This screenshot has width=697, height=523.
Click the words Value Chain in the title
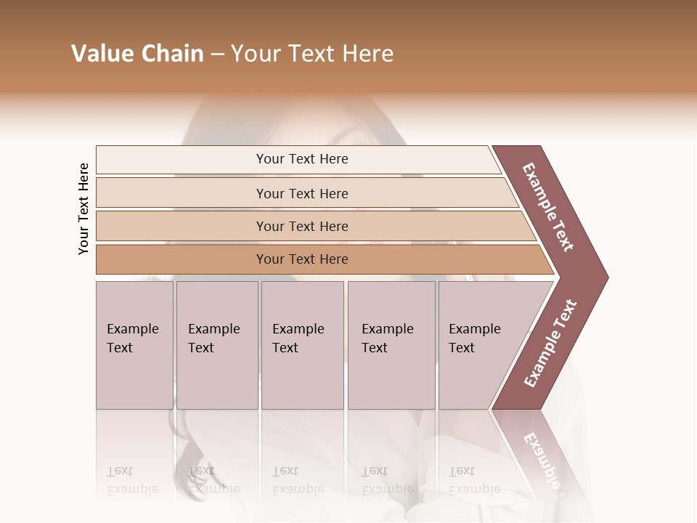tap(137, 54)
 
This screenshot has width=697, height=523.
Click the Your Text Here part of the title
tap(312, 54)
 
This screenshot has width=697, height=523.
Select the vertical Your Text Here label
tap(83, 209)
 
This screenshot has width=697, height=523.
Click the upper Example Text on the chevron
tap(548, 207)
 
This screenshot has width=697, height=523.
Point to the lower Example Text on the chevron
tap(550, 344)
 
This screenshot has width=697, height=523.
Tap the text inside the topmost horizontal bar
tap(302, 159)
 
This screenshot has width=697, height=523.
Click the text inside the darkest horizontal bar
tap(302, 259)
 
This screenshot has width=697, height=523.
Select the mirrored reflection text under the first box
tap(132, 480)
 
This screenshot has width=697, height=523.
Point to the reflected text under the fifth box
tap(474, 480)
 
